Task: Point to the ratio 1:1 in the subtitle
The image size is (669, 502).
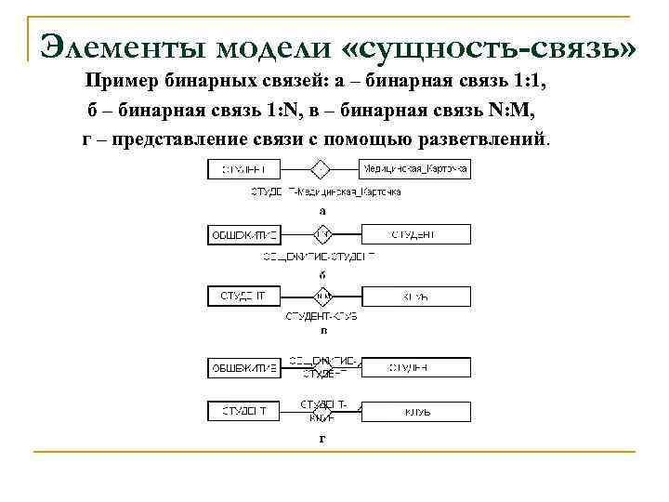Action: pyautogui.click(x=528, y=84)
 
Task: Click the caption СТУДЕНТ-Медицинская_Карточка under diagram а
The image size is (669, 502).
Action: pyautogui.click(x=326, y=192)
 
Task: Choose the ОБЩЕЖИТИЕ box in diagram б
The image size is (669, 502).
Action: pyautogui.click(x=243, y=235)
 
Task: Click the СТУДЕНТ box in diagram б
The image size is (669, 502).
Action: pyautogui.click(x=413, y=235)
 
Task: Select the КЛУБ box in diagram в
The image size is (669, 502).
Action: pyautogui.click(x=413, y=297)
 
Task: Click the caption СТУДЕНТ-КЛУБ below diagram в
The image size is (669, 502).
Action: pyautogui.click(x=321, y=317)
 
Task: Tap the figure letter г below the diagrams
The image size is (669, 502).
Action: pyautogui.click(x=322, y=437)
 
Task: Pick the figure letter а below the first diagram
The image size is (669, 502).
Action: pyautogui.click(x=322, y=210)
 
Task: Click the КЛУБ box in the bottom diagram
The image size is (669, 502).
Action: pyautogui.click(x=413, y=410)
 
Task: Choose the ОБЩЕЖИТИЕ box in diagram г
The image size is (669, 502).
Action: pyautogui.click(x=243, y=368)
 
